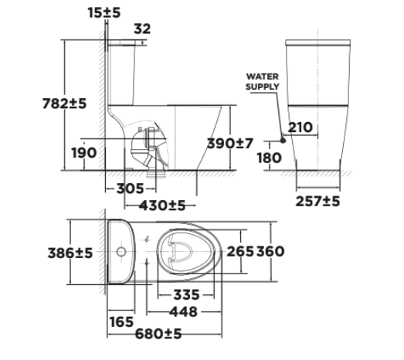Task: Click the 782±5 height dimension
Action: (66, 103)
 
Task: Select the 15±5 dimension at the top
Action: (104, 12)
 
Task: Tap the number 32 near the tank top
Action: (142, 29)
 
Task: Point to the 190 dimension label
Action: (83, 152)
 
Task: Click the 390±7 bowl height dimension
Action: (232, 143)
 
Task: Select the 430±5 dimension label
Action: (162, 205)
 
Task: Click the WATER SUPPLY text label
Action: (263, 82)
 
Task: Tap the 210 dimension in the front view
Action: (300, 127)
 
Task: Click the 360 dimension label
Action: (270, 252)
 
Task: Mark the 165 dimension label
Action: (121, 321)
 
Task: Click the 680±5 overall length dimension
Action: (157, 334)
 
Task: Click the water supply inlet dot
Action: (283, 141)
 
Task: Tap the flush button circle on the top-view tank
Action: (120, 253)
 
